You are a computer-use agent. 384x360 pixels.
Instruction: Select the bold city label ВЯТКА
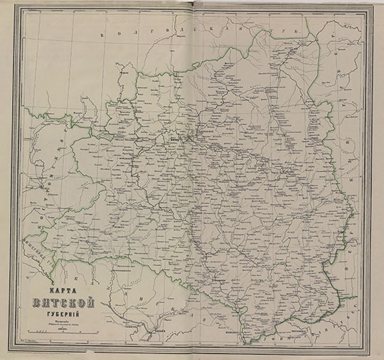(175, 139)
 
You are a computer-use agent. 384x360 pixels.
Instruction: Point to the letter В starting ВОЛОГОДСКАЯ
(105, 34)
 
